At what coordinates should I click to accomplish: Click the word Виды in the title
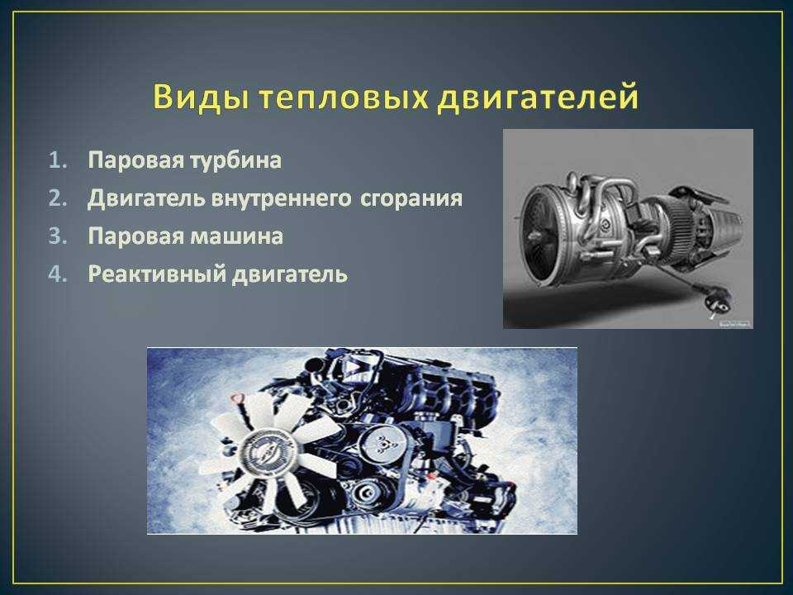point(200,97)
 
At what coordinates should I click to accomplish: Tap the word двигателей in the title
point(538,98)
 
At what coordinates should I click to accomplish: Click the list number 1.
point(58,160)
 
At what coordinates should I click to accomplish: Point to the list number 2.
point(58,198)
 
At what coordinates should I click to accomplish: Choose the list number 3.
point(58,236)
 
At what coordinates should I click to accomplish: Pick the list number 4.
point(58,274)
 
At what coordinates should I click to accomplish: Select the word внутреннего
point(281,198)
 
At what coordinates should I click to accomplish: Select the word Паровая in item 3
point(135,236)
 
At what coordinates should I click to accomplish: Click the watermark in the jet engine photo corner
point(734,323)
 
